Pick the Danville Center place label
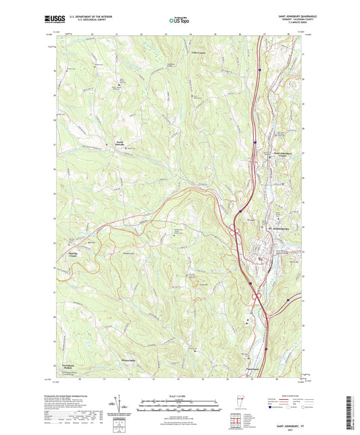tap(80, 255)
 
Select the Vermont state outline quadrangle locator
tap(241, 403)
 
